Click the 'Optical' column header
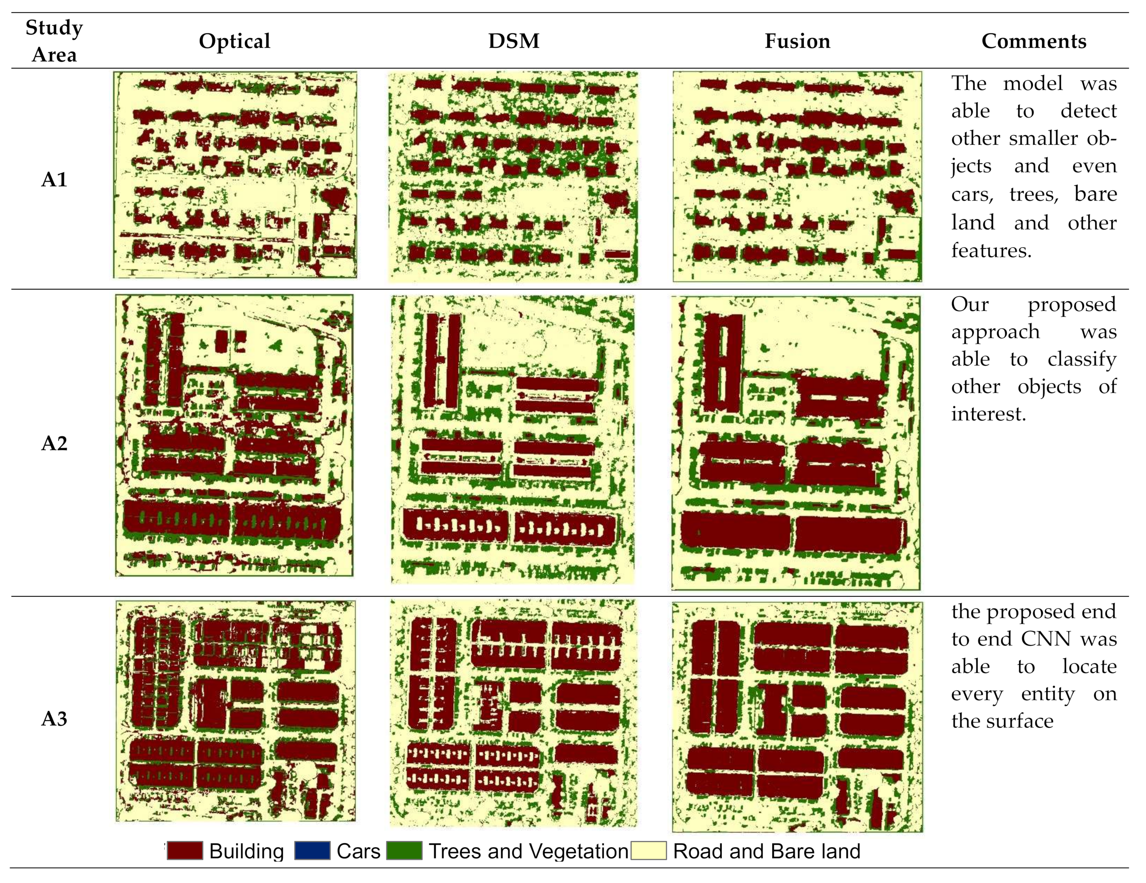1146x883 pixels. coord(235,41)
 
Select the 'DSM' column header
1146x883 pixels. coord(514,41)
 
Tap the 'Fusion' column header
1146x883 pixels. coord(797,41)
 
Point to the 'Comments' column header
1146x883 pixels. coord(1033,41)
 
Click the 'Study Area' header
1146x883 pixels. coord(54,41)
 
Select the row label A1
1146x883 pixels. coord(54,179)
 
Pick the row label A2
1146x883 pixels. coord(54,444)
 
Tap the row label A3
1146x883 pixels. coord(54,718)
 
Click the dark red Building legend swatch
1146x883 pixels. coord(185,851)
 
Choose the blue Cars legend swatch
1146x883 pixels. coord(312,851)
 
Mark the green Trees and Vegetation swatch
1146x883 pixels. coord(404,851)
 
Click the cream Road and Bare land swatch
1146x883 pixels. coord(649,851)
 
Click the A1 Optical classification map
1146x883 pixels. coord(235,175)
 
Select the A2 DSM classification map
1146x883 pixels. coord(513,439)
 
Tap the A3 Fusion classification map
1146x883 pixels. coord(797,717)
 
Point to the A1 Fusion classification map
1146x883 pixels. coord(797,176)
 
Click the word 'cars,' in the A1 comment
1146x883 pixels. coord(972,195)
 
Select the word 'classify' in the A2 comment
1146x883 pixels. coord(1082,359)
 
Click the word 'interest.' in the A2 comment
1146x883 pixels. coord(988,414)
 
